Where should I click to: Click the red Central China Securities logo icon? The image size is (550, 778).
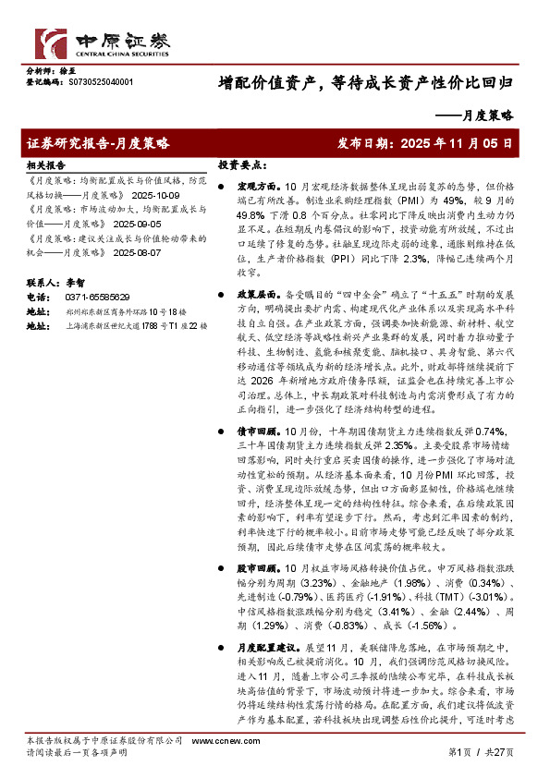pyautogui.click(x=52, y=43)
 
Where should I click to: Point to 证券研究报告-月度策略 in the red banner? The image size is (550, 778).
pyautogui.click(x=99, y=143)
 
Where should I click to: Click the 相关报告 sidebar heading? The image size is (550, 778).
pyautogui.click(x=45, y=164)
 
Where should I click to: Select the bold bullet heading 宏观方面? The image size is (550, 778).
pyautogui.click(x=253, y=187)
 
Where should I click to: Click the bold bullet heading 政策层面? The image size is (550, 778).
pyautogui.click(x=253, y=293)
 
